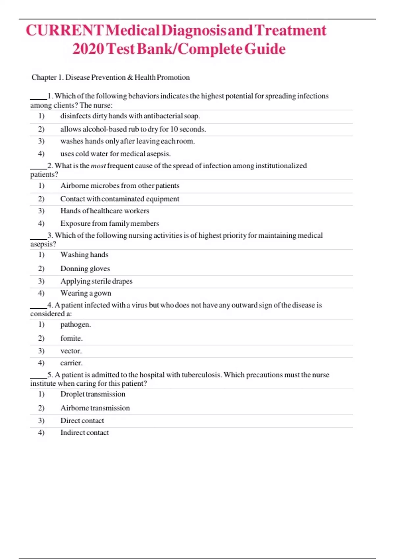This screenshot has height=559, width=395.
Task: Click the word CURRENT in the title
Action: [x=65, y=31]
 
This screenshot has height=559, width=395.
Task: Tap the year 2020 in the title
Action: [x=88, y=49]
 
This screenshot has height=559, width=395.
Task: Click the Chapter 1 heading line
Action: [x=111, y=77]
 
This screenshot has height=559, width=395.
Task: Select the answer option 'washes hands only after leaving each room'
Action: [x=127, y=141]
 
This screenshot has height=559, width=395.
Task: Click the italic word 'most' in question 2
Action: [x=98, y=166]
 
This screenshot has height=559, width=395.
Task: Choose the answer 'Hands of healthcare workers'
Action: [x=105, y=211]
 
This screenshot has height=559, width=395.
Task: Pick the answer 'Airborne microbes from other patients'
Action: [x=120, y=186]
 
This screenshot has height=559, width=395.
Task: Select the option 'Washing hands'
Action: [x=84, y=255]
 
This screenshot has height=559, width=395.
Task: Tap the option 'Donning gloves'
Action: [x=85, y=269]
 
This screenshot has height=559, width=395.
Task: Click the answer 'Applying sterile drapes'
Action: [x=96, y=281]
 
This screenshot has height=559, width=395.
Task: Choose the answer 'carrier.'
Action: [x=71, y=363]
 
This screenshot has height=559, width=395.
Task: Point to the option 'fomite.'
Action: [x=71, y=338]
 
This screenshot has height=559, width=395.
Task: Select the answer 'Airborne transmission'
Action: [x=95, y=408]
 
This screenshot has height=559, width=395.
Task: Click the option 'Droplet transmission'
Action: [x=93, y=394]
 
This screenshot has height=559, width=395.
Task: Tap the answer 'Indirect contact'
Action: [x=84, y=433]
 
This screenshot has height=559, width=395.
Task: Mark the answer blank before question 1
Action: [x=39, y=97]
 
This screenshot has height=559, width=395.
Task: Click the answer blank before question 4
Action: [x=39, y=306]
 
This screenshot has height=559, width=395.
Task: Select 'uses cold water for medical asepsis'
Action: [x=115, y=154]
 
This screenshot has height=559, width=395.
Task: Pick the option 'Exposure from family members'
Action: [x=110, y=224]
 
